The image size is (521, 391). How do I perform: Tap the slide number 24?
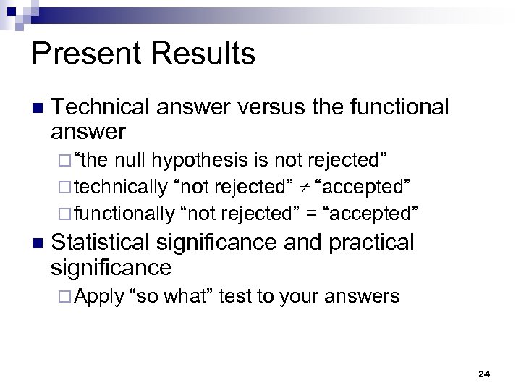pyautogui.click(x=484, y=374)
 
